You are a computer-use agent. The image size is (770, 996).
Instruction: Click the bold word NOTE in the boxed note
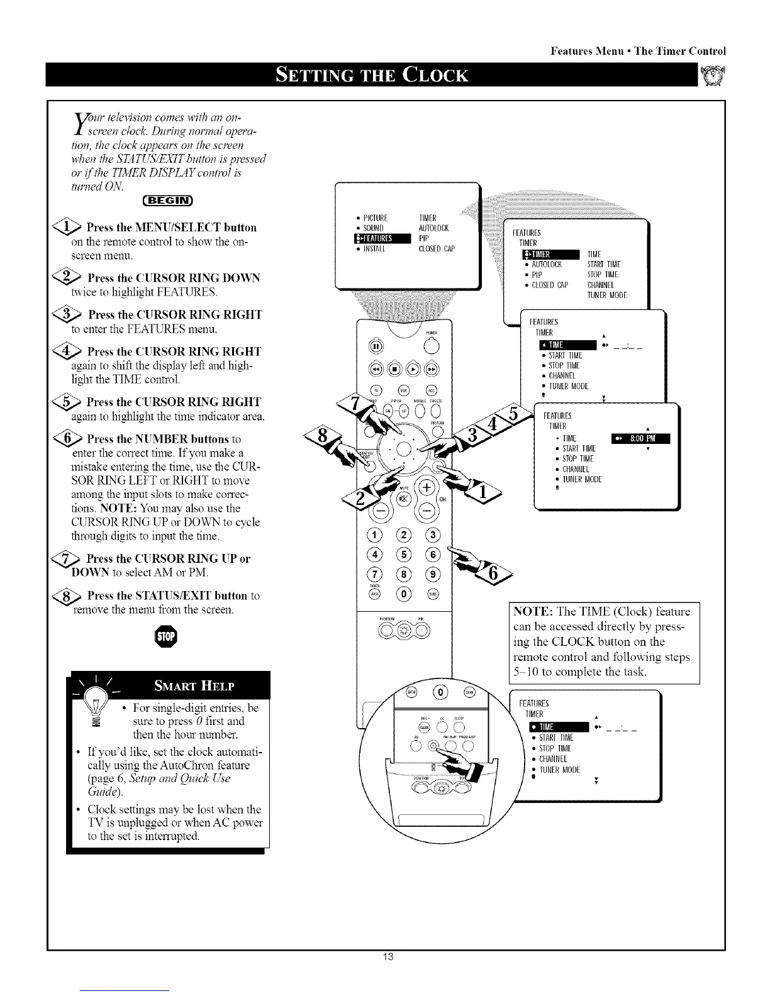(x=533, y=612)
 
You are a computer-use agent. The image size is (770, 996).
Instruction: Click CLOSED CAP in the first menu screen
(x=436, y=248)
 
